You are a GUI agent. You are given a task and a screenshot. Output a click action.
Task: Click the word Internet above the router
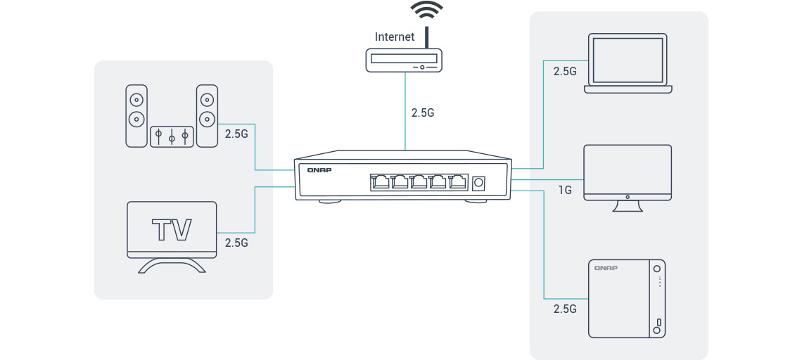point(395,37)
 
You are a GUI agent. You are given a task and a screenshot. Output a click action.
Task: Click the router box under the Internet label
point(405,60)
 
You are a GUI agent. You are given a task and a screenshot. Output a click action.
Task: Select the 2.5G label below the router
point(423,112)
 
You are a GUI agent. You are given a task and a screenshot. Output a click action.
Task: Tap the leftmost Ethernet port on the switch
point(381,182)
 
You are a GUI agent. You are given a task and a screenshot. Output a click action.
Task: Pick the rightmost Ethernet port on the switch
point(458,182)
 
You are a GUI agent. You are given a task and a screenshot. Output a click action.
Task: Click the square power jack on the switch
point(480,183)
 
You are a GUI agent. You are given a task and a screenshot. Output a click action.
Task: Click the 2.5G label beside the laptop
point(565,72)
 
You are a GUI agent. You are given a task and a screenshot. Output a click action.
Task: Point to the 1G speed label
point(564,190)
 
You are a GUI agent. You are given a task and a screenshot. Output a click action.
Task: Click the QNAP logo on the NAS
point(606,269)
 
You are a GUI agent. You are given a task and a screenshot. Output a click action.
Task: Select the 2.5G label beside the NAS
point(565,309)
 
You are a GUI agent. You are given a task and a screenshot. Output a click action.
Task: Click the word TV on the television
point(172,229)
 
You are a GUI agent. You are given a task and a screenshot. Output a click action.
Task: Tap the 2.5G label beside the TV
point(236,243)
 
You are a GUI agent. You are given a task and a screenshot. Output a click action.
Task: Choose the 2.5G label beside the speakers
point(236,133)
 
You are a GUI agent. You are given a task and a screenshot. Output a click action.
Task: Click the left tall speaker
point(136,115)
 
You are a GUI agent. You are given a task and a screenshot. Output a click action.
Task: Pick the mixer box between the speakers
point(171,136)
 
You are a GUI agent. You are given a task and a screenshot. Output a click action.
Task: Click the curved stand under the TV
point(172,266)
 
